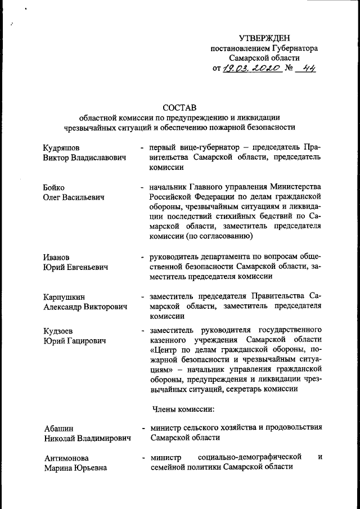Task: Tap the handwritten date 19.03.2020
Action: [252, 70]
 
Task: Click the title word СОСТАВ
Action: [180, 107]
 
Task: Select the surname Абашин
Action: [58, 428]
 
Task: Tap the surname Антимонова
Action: [67, 458]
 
